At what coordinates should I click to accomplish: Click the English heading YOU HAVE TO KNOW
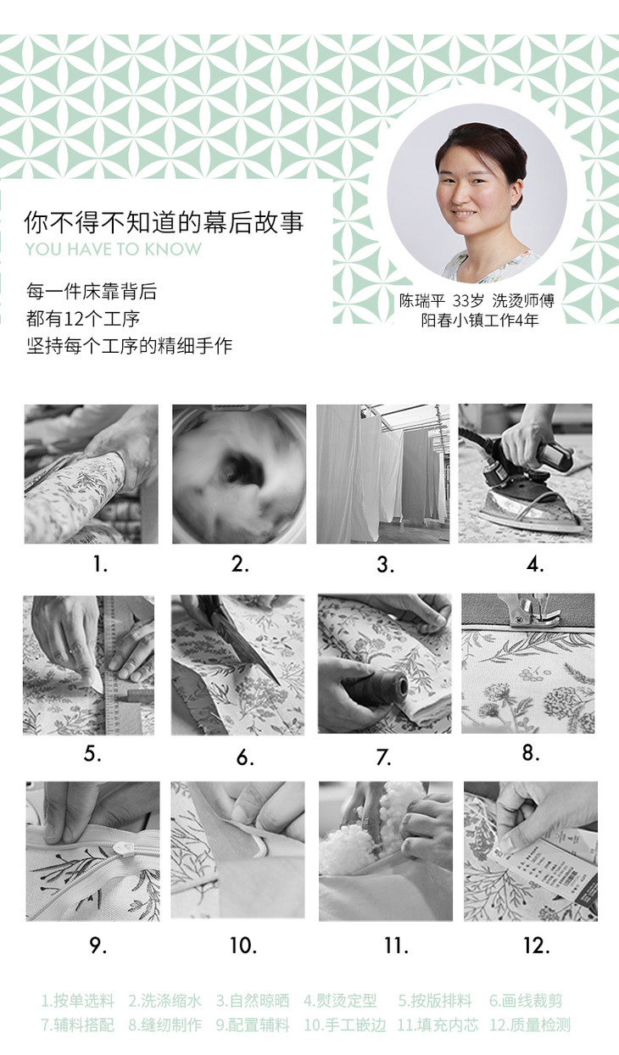[113, 248]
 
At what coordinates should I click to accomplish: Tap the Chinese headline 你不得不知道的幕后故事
[164, 222]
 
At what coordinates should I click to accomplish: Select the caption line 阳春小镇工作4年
[480, 321]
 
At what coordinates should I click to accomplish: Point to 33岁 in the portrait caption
[468, 300]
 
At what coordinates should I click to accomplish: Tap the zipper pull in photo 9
[120, 849]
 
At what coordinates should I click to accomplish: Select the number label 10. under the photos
[243, 946]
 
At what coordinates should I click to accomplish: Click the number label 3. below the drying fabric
[385, 564]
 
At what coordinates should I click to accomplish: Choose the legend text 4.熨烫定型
[340, 1001]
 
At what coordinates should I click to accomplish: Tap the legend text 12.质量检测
[530, 1024]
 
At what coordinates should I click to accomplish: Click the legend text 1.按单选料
[78, 1001]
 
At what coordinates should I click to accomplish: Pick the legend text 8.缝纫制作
[165, 1024]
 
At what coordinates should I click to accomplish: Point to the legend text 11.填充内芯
[438, 1024]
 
